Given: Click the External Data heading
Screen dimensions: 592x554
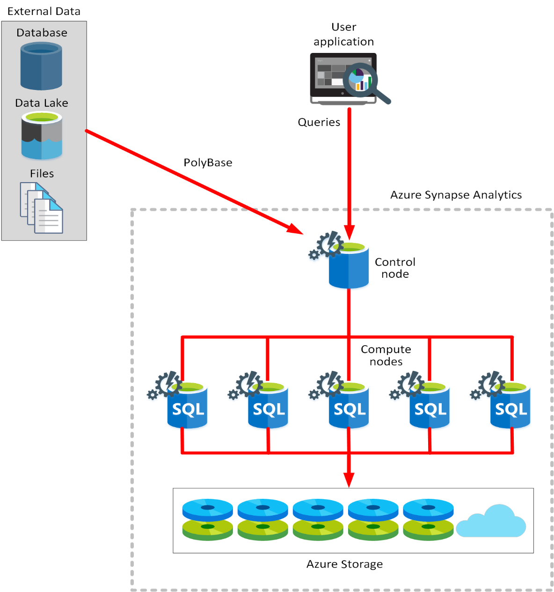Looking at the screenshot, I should click(x=44, y=11).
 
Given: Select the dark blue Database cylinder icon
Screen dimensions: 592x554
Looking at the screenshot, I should click(x=41, y=66).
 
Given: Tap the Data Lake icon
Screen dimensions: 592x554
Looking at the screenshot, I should click(x=42, y=136).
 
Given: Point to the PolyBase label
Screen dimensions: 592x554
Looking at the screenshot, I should click(x=208, y=163).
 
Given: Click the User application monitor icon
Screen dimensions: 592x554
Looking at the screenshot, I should click(x=343, y=78).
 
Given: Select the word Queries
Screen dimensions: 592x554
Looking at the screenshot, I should click(x=319, y=122).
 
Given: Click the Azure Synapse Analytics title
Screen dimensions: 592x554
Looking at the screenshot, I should click(x=456, y=195).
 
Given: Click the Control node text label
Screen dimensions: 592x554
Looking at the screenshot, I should click(x=395, y=268).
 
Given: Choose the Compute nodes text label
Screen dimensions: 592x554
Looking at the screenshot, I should click(x=386, y=355).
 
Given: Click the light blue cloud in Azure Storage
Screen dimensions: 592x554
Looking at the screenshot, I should click(x=491, y=522).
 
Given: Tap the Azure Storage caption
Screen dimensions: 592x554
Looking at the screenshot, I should click(x=344, y=564).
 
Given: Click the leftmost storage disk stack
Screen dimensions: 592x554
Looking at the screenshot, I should click(x=207, y=520).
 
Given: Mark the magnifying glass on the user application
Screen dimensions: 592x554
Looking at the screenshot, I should click(x=363, y=81).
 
